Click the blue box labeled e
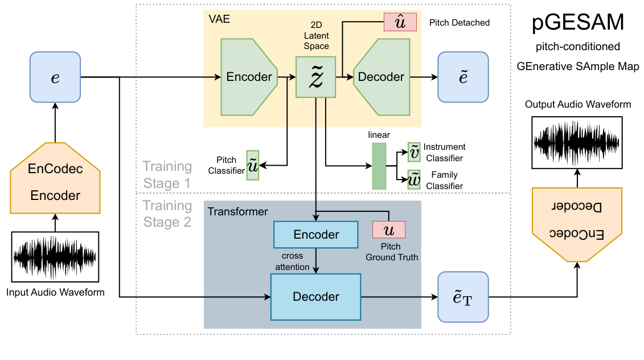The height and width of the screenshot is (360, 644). click(x=55, y=77)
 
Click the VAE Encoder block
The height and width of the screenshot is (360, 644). click(x=248, y=77)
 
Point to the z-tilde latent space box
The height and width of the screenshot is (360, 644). click(x=315, y=77)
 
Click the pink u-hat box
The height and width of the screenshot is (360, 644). click(x=400, y=23)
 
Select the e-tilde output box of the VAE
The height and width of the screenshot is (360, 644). click(x=463, y=77)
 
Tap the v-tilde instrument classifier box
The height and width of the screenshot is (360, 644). click(x=414, y=150)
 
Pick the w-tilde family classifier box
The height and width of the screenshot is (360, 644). click(x=414, y=179)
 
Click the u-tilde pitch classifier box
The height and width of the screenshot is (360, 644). click(x=252, y=165)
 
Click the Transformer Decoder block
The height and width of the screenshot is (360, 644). click(x=315, y=297)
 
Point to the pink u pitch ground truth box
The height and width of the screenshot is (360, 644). click(x=388, y=230)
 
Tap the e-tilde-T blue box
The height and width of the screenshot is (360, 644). click(x=463, y=297)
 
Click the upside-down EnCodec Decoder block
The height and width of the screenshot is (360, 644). click(x=577, y=222)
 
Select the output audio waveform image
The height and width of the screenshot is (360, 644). click(x=577, y=142)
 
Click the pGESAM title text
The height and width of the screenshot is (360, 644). click(x=577, y=23)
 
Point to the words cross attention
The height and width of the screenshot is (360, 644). click(x=293, y=261)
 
